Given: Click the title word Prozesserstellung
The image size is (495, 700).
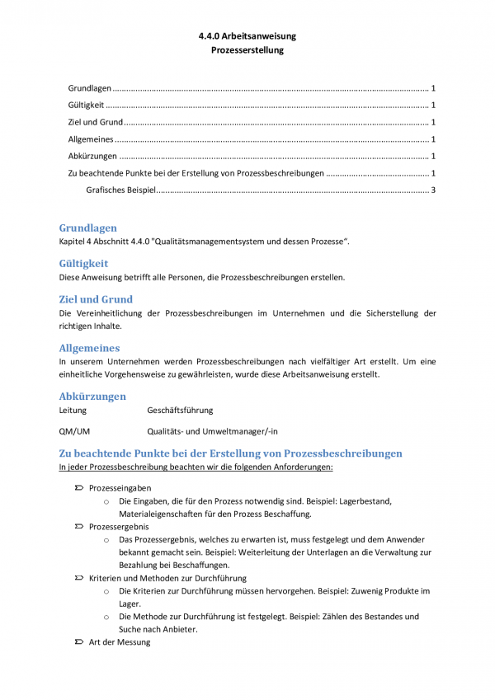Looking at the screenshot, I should pos(247,50).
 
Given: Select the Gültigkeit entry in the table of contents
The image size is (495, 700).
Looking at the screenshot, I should pos(86,105).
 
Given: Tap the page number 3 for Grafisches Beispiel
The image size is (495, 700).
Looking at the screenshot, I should pos(432,191).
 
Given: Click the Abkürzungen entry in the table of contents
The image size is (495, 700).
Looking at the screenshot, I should pos(92,157).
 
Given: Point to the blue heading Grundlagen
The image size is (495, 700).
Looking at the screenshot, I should pos(87,228).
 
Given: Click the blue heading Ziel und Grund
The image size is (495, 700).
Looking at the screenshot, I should pos(96,299).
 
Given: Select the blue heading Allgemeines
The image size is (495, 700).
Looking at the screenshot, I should pos(89,348).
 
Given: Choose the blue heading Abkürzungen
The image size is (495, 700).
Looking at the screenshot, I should pos(93,397).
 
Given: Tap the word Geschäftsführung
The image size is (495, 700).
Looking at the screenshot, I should pos(180,410).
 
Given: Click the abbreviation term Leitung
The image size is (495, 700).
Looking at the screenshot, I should pos(73,410).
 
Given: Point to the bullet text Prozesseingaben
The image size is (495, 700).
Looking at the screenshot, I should pos(120,488).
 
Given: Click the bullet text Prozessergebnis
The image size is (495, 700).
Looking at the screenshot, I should pos(119,526).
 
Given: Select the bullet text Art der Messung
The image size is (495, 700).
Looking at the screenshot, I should pos(120,641).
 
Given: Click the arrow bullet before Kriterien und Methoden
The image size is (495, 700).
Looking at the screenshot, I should pos(78,578).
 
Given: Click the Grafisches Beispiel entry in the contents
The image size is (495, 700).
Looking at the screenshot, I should pos(120,191).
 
